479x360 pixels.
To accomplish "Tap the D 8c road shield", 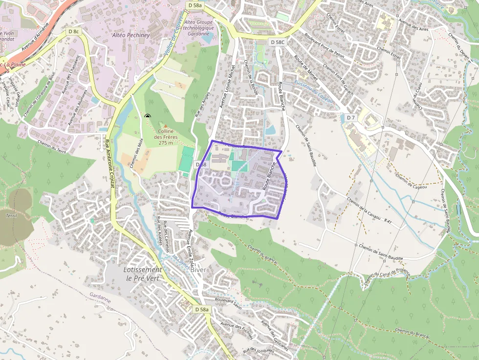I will pyautogui.click(x=73, y=31).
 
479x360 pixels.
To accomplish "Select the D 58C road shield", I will pyautogui.click(x=277, y=42).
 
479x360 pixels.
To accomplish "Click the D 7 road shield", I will pyautogui.click(x=351, y=118).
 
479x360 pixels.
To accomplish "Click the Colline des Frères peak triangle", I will pyautogui.click(x=165, y=127).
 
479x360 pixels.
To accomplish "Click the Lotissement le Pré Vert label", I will pyautogui.click(x=142, y=274).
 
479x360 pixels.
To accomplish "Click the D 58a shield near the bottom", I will pyautogui.click(x=201, y=309).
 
